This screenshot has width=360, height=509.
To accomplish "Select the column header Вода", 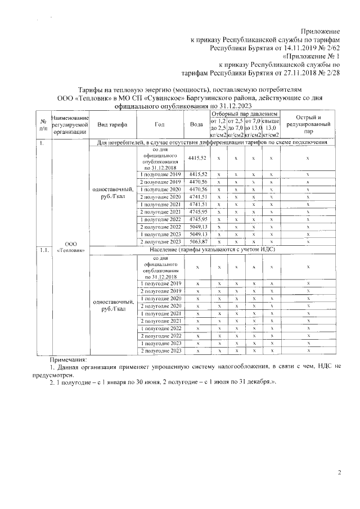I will click(197, 124).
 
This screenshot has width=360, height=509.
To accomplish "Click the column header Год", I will click(160, 124).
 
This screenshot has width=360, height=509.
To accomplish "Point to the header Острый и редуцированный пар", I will click(308, 124).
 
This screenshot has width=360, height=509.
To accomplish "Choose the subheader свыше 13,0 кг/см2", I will click(271, 128).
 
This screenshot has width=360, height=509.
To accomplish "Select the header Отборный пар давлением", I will click(245, 114).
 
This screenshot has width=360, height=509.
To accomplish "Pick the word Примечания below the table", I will click(69, 358).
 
